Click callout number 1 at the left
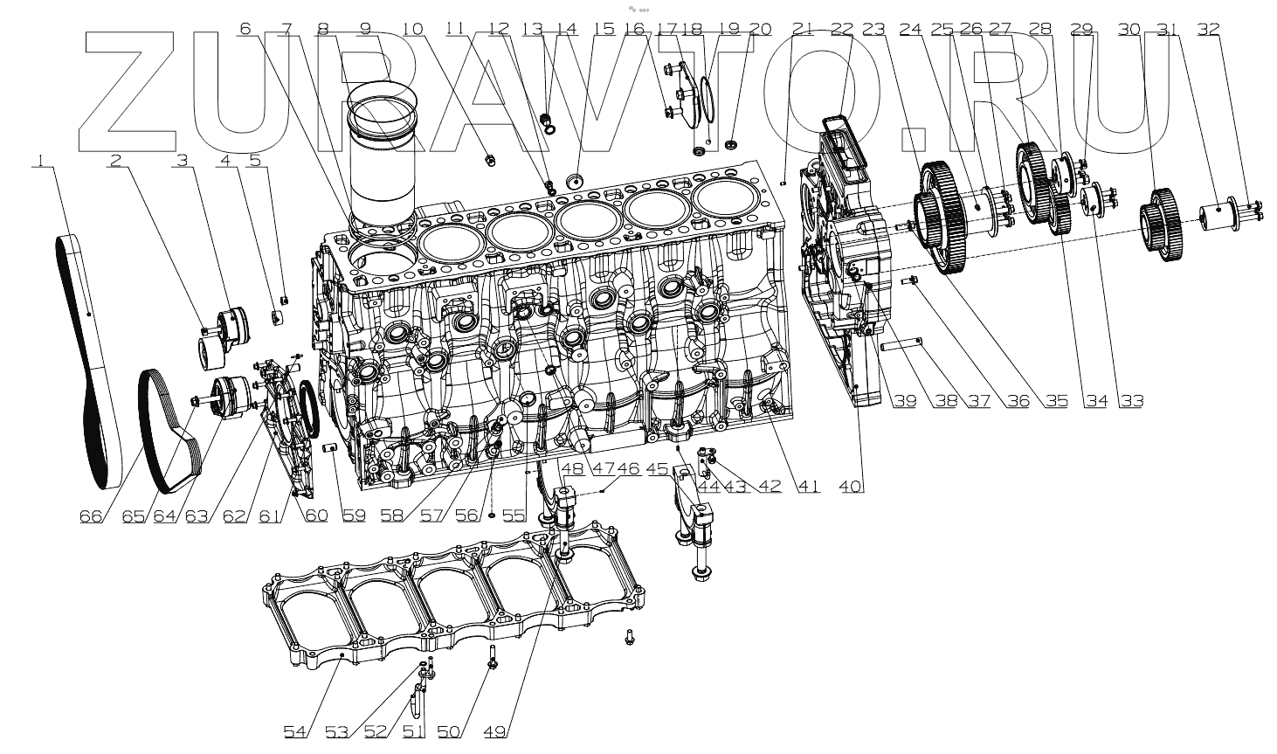(x=39, y=160)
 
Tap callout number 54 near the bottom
(x=294, y=730)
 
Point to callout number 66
(x=91, y=515)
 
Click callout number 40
(x=852, y=487)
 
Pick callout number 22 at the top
(x=841, y=29)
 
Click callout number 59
(x=354, y=515)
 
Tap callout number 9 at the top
(x=365, y=29)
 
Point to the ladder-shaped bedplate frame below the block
(x=454, y=603)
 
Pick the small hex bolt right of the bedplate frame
(x=629, y=641)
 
